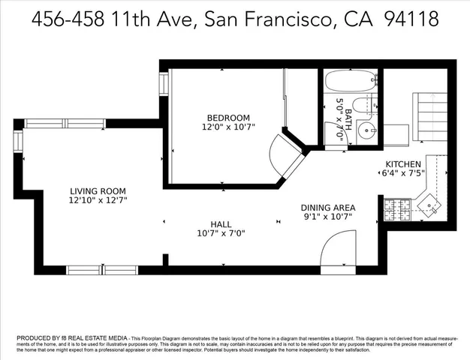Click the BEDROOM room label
click(228, 117)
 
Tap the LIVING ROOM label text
click(98, 190)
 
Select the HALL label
click(221, 223)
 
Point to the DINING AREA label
click(327, 207)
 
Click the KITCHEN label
click(403, 164)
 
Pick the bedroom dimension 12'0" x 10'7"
click(228, 127)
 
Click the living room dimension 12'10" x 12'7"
click(98, 200)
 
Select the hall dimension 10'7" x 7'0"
click(221, 233)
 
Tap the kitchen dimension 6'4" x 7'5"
click(403, 173)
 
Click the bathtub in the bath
click(351, 81)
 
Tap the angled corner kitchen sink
click(429, 203)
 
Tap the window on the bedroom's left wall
click(162, 85)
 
